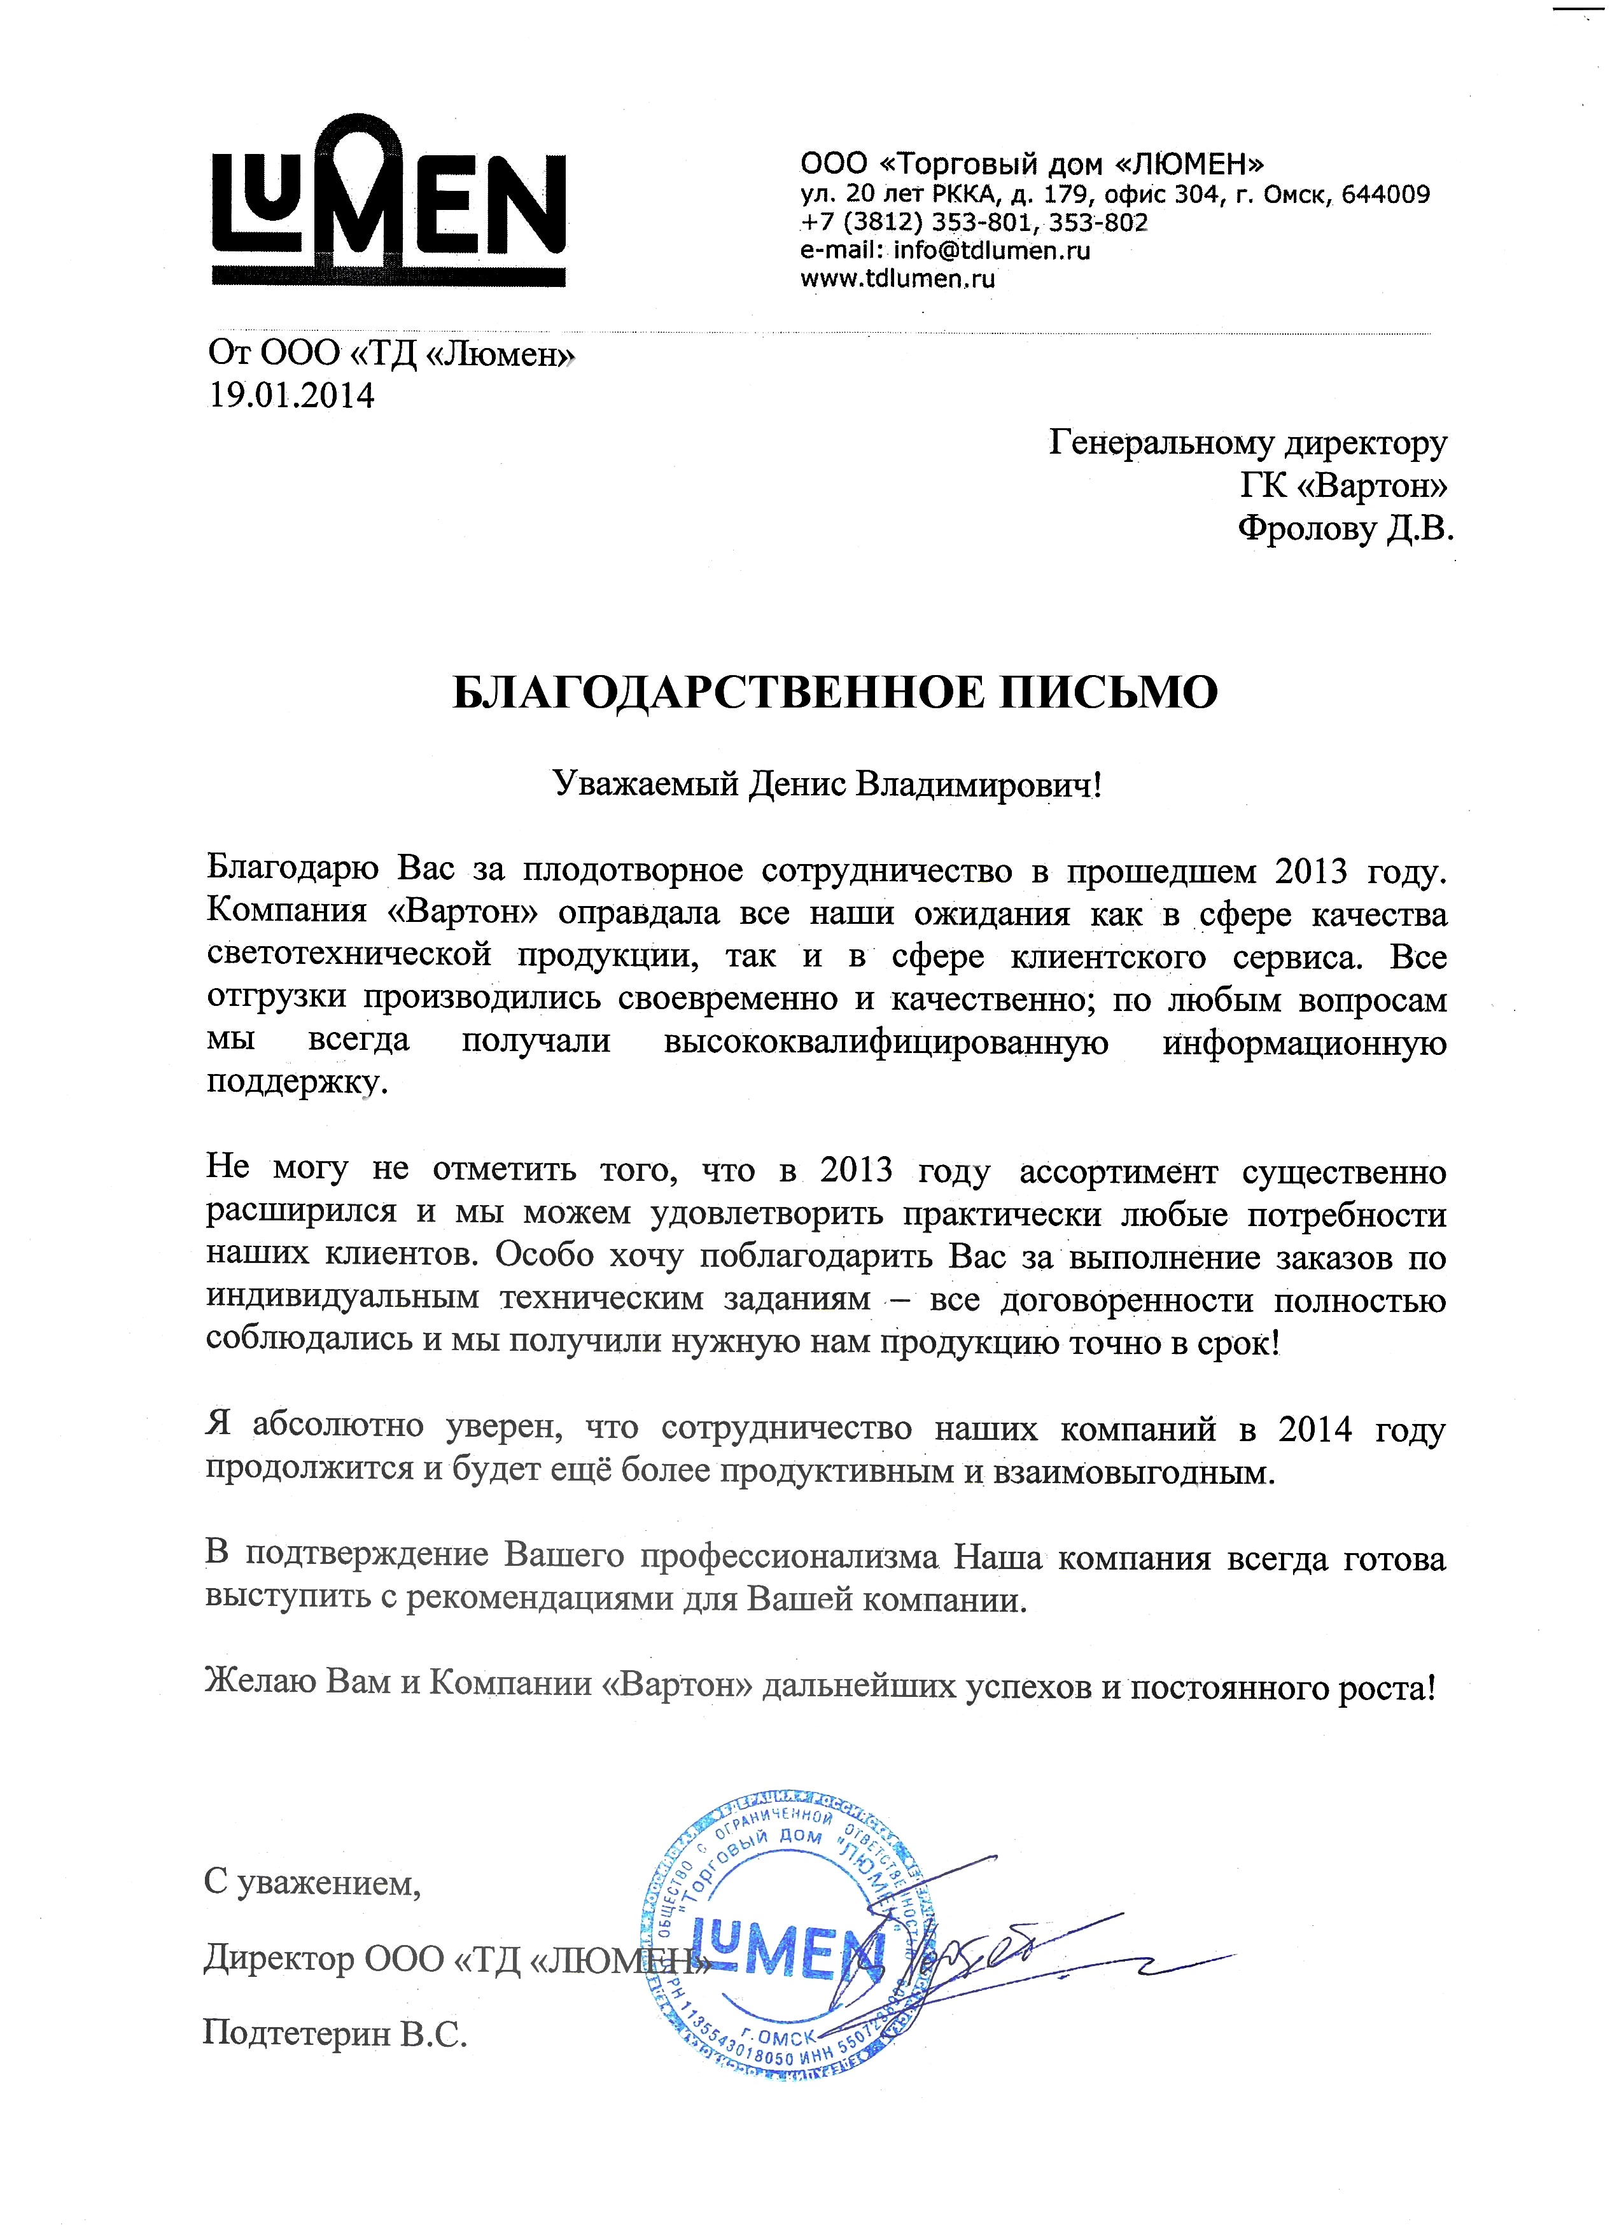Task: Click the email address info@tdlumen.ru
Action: (x=992, y=250)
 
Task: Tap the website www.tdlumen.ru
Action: (x=897, y=279)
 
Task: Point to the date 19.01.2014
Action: (x=291, y=396)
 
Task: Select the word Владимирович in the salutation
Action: (x=974, y=785)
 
